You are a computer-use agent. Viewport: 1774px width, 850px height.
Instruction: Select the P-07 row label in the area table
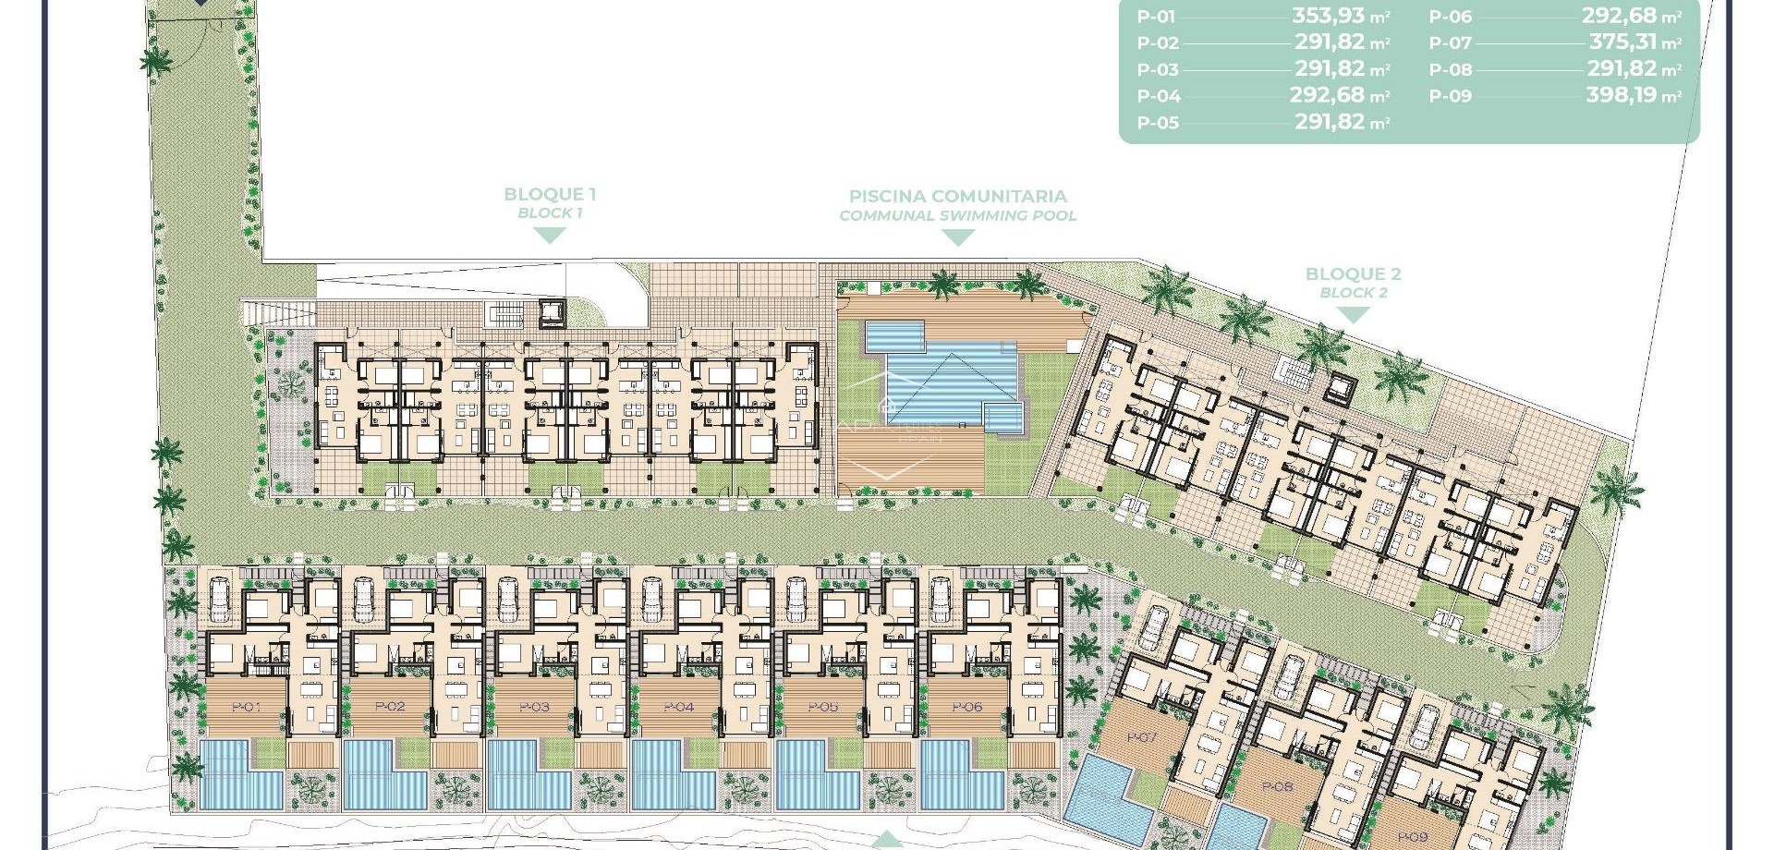tap(1450, 43)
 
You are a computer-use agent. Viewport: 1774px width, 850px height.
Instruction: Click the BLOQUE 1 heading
tap(550, 194)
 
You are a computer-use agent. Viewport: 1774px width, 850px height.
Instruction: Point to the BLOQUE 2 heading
tap(1353, 273)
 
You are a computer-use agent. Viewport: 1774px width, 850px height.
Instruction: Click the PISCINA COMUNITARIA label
tap(957, 196)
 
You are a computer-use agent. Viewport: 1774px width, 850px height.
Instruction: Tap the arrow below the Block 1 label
tap(550, 236)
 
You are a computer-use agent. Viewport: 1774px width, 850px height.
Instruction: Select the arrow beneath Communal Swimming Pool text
tap(957, 237)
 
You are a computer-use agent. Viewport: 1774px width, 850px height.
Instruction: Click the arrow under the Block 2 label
tap(1353, 315)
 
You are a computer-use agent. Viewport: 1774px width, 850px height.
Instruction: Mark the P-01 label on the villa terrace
tap(246, 707)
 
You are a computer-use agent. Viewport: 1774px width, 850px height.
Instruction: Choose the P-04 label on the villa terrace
tap(678, 707)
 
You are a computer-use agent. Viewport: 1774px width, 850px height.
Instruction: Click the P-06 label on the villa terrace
tap(966, 707)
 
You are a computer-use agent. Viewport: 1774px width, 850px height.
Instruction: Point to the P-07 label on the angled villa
tap(1142, 737)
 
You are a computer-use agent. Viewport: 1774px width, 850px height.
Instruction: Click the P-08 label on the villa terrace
tap(1277, 787)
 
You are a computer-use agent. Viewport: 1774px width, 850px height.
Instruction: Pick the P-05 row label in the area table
tap(1158, 123)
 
